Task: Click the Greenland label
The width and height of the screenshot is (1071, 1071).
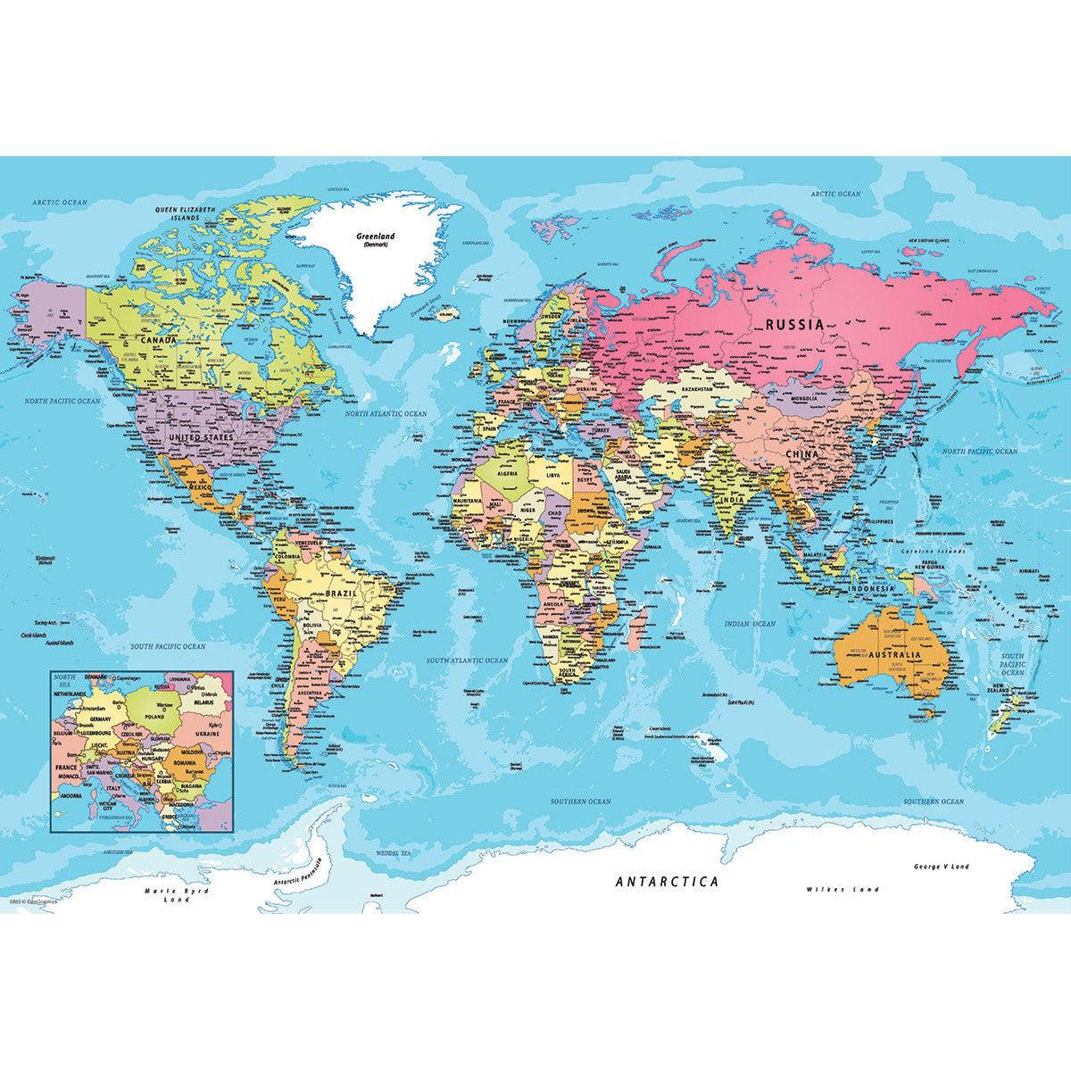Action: [x=375, y=238]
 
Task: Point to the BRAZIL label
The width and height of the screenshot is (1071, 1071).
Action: [x=342, y=592]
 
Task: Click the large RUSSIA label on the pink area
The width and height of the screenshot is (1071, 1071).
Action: [x=794, y=325]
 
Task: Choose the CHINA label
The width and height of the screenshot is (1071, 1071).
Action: [x=801, y=454]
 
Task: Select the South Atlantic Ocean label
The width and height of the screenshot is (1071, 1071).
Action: [x=467, y=660]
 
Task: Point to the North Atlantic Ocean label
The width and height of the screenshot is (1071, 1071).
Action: [x=386, y=414]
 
